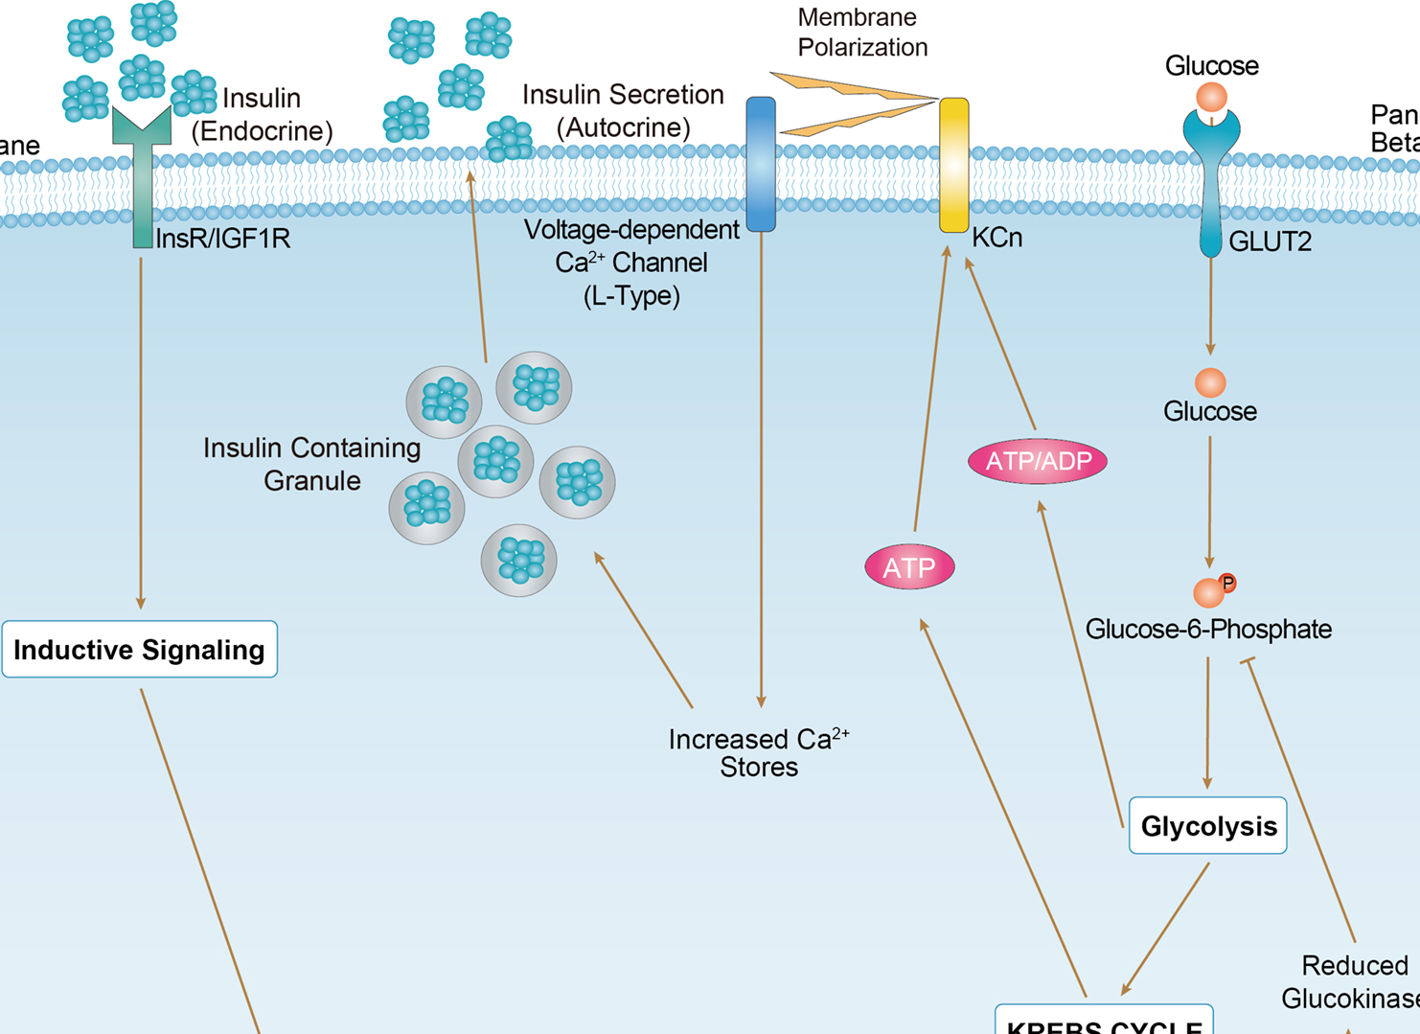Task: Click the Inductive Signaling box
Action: [x=140, y=650]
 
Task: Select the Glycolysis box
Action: [x=1207, y=825]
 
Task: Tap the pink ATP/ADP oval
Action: [x=1038, y=462]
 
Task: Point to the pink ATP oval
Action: [x=909, y=567]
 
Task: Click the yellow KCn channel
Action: [x=953, y=165]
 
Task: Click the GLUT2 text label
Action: [x=1270, y=241]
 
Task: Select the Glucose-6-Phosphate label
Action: [x=1208, y=630]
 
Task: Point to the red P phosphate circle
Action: [x=1227, y=583]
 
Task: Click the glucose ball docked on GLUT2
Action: [x=1212, y=97]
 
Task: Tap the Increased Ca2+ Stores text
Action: [x=759, y=753]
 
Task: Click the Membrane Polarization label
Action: [x=862, y=33]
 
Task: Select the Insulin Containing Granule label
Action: [x=311, y=464]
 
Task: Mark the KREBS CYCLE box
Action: [x=1104, y=1022]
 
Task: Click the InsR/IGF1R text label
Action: [x=222, y=239]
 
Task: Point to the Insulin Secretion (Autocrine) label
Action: [x=623, y=110]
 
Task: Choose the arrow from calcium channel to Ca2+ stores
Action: [x=762, y=470]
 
